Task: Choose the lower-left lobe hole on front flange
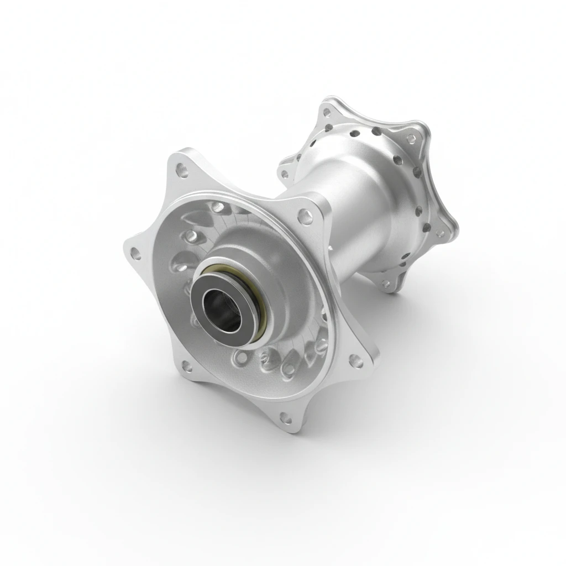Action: (187, 364)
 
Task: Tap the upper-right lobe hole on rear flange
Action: (412, 139)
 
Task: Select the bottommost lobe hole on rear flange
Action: (386, 284)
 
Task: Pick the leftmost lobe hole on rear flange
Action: (285, 174)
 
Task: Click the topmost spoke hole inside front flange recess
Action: (218, 207)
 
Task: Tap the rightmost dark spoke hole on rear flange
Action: (417, 172)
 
